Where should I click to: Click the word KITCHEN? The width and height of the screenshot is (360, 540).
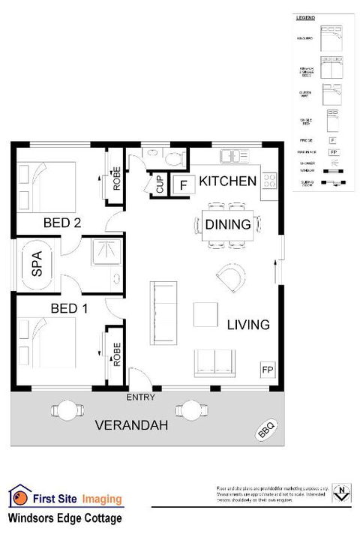point(228,181)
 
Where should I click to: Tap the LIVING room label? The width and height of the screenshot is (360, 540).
point(248,325)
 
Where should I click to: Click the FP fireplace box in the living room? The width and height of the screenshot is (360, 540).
point(267,370)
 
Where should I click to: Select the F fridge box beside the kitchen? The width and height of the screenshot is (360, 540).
point(182,184)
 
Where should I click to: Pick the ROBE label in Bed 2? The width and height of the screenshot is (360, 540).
point(116,178)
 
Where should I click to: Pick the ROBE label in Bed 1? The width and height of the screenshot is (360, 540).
point(116,353)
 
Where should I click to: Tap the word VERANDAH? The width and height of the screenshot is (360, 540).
point(131,426)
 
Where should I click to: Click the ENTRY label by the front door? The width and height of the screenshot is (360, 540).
point(140,397)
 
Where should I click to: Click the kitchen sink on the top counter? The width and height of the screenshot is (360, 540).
point(235,157)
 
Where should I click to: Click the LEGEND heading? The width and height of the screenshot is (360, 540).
point(306,16)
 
